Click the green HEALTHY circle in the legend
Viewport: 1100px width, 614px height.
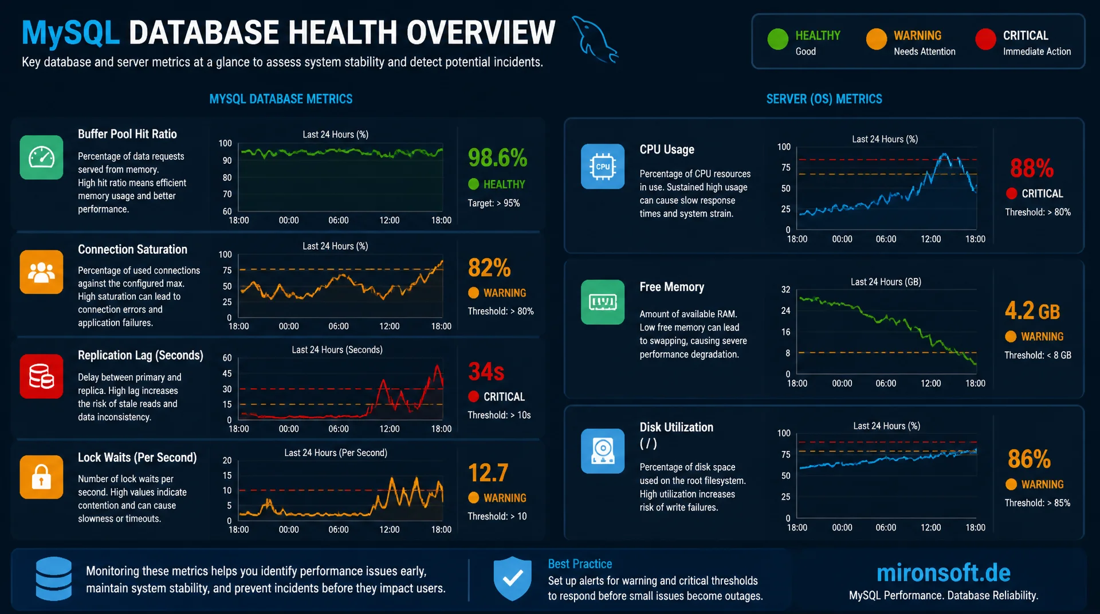pyautogui.click(x=777, y=39)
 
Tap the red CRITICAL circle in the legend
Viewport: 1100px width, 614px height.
pyautogui.click(x=985, y=39)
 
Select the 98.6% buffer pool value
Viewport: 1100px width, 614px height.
pyautogui.click(x=497, y=158)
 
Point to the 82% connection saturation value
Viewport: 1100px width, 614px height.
pyautogui.click(x=489, y=267)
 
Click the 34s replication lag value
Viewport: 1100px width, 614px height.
pyautogui.click(x=486, y=372)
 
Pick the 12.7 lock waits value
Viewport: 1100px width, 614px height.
pyautogui.click(x=488, y=473)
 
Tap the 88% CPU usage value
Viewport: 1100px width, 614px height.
pyautogui.click(x=1031, y=168)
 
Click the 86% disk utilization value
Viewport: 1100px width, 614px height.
pyautogui.click(x=1029, y=459)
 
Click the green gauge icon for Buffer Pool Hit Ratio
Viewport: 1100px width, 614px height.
pyautogui.click(x=41, y=158)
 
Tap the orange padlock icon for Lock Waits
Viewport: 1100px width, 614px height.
pyautogui.click(x=41, y=477)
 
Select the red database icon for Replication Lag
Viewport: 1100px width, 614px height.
pyautogui.click(x=41, y=376)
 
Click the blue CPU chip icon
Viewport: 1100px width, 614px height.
pyautogui.click(x=603, y=166)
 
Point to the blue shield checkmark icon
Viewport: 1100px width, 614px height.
pyautogui.click(x=512, y=578)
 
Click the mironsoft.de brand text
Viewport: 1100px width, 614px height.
pyautogui.click(x=943, y=573)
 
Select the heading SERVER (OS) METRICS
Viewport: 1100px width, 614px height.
pyautogui.click(x=824, y=99)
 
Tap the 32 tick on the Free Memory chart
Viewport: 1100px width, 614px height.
pyautogui.click(x=785, y=290)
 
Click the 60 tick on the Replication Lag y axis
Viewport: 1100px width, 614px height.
pyautogui.click(x=227, y=358)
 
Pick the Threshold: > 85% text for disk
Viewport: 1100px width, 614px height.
pyautogui.click(x=1037, y=503)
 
